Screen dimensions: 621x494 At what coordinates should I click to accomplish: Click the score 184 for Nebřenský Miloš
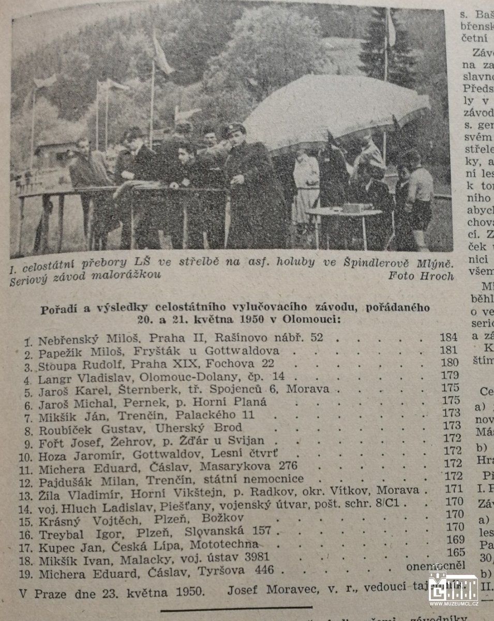tap(448, 337)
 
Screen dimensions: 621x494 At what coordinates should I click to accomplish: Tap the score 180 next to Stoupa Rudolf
tap(449, 362)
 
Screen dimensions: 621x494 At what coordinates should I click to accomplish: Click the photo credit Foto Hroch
tap(420, 276)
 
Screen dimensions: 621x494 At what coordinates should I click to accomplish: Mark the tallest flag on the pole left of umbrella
tap(162, 54)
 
